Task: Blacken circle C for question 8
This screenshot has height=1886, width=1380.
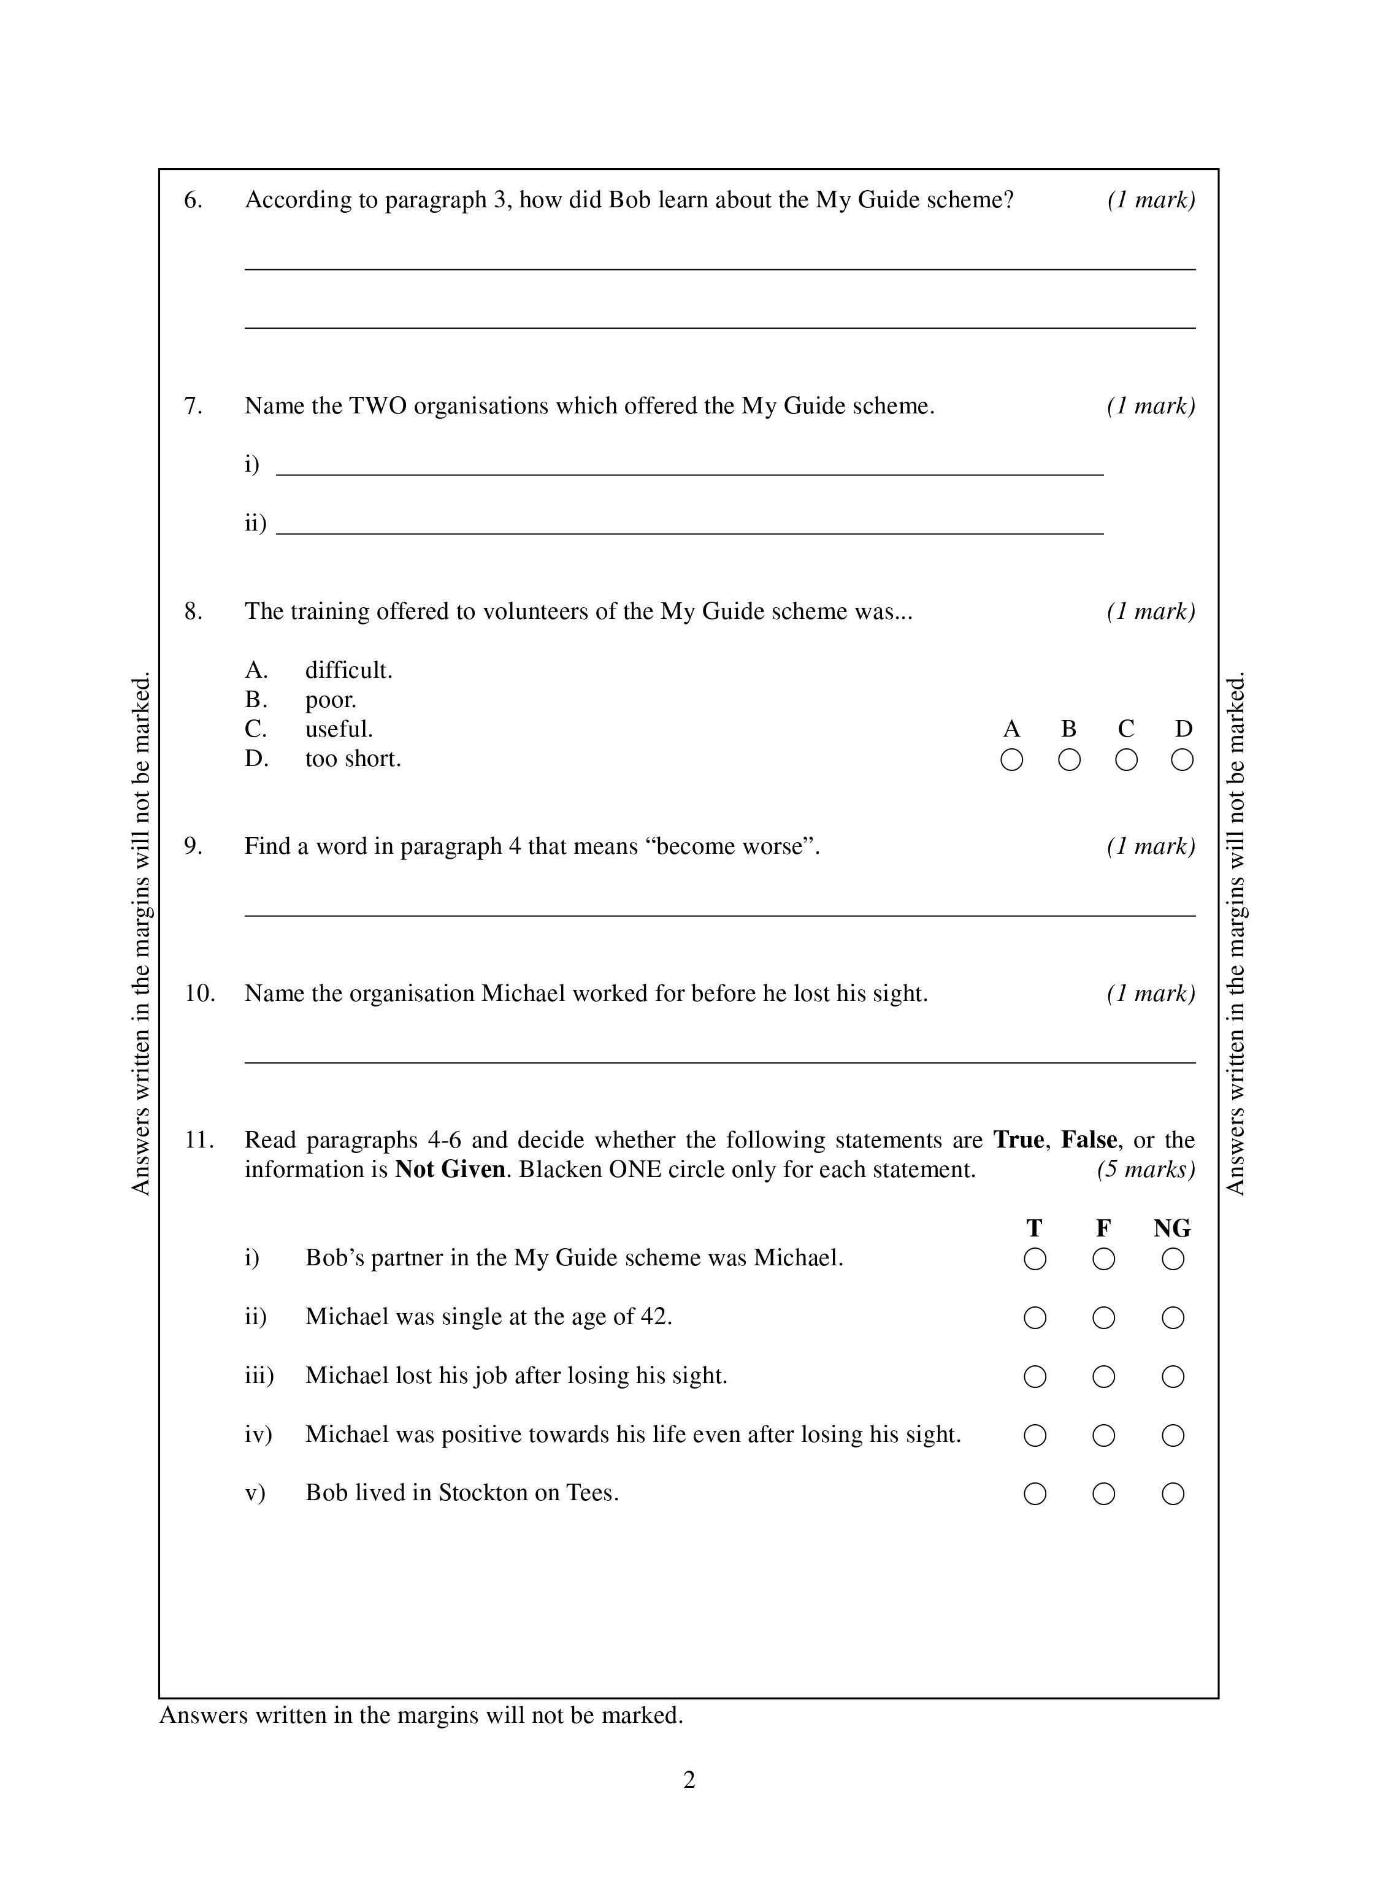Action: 1126,760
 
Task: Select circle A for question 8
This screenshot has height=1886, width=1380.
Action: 1011,760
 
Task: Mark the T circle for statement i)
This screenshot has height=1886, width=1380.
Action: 1035,1259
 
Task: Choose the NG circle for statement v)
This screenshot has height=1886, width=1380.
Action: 1173,1493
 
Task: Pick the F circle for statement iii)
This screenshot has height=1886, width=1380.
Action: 1103,1376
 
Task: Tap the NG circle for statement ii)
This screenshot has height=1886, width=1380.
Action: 1173,1318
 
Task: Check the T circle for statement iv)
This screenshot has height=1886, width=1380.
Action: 1035,1435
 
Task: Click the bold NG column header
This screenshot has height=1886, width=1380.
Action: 1172,1228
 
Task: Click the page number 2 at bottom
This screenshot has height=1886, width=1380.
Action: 689,1780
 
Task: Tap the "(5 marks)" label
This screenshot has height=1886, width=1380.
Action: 1146,1170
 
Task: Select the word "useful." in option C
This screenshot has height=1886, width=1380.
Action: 339,729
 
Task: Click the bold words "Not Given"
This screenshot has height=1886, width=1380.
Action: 450,1170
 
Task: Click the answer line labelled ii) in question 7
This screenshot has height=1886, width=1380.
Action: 689,531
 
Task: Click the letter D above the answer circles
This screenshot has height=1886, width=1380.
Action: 1183,729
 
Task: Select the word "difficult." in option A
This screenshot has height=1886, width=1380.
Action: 348,670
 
